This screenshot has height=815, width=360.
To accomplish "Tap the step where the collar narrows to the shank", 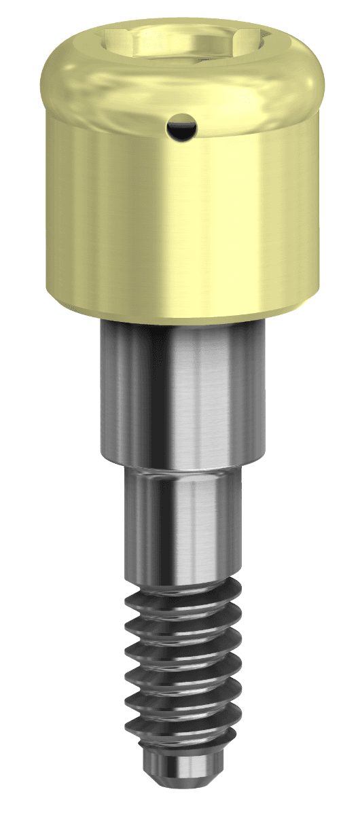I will click(183, 469).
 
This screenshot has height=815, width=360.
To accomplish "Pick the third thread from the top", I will click(183, 642).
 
